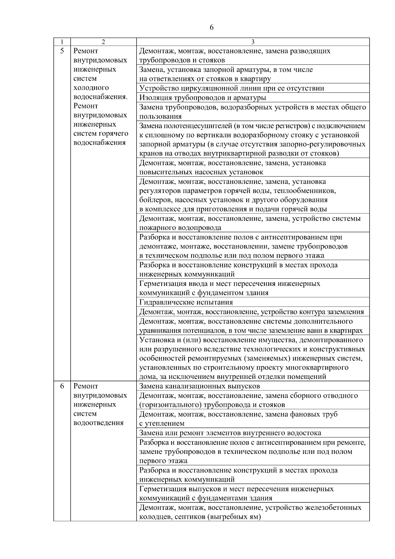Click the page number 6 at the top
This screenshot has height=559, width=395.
tap(211, 28)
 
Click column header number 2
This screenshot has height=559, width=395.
tap(103, 42)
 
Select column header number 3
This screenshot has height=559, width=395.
tap(253, 42)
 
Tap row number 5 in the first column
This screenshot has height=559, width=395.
tap(62, 51)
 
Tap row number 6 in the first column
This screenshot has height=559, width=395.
tap(62, 386)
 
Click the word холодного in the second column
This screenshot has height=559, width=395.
tap(91, 88)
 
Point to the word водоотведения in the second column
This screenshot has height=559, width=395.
tap(98, 423)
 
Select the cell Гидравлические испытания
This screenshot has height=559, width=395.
tap(186, 302)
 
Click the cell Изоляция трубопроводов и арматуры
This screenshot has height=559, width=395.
tap(202, 98)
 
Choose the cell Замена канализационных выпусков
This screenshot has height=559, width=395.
tap(199, 386)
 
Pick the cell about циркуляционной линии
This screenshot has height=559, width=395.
tap(231, 88)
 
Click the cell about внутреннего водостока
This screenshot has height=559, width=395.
tap(230, 433)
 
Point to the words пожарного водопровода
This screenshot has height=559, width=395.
tap(180, 228)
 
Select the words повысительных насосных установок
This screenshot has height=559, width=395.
tap(201, 172)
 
